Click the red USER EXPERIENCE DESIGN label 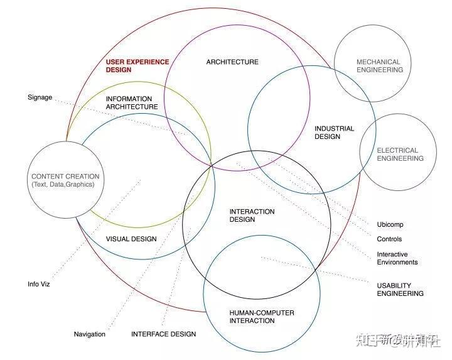(137, 66)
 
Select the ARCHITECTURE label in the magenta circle (232, 62)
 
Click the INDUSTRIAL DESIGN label (334, 133)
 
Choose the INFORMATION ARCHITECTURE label (131, 103)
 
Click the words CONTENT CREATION (65, 177)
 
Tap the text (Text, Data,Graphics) (63, 185)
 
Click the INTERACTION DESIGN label (252, 215)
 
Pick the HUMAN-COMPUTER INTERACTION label (261, 317)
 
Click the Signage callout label (40, 97)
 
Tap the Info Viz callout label (38, 284)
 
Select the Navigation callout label (89, 334)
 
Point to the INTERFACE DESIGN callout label (163, 334)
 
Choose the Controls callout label (389, 239)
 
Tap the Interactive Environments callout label (397, 258)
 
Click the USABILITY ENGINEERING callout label (400, 290)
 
